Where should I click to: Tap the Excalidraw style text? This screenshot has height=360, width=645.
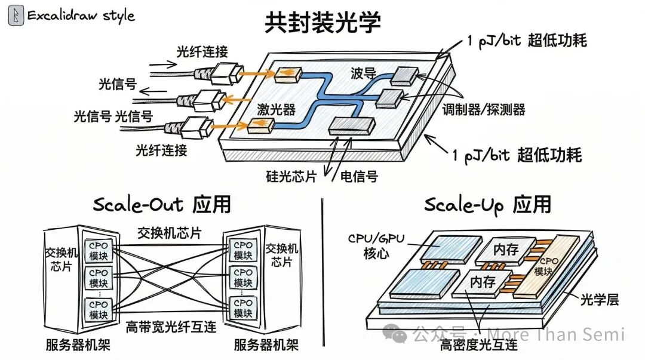point(81,16)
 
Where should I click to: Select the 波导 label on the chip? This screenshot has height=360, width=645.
point(363,74)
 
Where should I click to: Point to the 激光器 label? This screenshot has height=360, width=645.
point(277,109)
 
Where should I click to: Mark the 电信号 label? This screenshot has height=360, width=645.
point(359,177)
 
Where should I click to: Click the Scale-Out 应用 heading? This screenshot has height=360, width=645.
point(162,205)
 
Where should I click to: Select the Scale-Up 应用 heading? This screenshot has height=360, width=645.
point(487,205)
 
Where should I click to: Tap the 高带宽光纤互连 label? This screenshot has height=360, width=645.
point(171,327)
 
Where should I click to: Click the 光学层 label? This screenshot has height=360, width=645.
point(600,299)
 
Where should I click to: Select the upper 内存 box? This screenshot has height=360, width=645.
point(505,250)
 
